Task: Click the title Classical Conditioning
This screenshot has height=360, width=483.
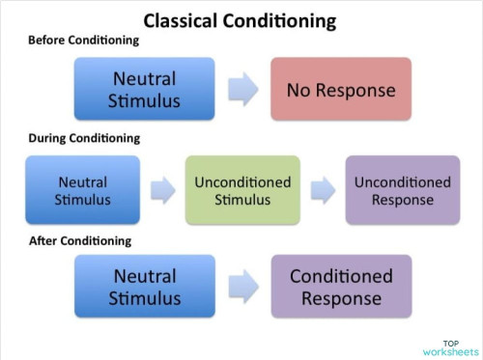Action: pos(240,19)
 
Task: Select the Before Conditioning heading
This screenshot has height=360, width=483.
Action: pos(84,41)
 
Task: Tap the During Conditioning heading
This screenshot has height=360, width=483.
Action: pos(84,138)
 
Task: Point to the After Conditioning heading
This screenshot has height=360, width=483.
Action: pos(80,239)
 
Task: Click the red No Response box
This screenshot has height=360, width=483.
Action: pos(341,90)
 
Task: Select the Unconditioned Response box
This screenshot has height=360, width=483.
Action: pos(403,191)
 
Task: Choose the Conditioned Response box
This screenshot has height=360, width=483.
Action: pos(341,287)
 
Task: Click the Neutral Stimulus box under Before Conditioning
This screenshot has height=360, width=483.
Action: pos(145,90)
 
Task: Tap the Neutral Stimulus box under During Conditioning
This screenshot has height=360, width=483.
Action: pos(83,191)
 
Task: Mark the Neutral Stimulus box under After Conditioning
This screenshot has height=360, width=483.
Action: pos(145,287)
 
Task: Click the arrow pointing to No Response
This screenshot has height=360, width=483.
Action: pos(242,90)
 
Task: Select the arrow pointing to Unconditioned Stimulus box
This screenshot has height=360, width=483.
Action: pos(161,191)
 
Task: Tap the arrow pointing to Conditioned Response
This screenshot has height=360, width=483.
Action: pos(242,287)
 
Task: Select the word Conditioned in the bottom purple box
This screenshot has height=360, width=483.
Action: pos(341,276)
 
